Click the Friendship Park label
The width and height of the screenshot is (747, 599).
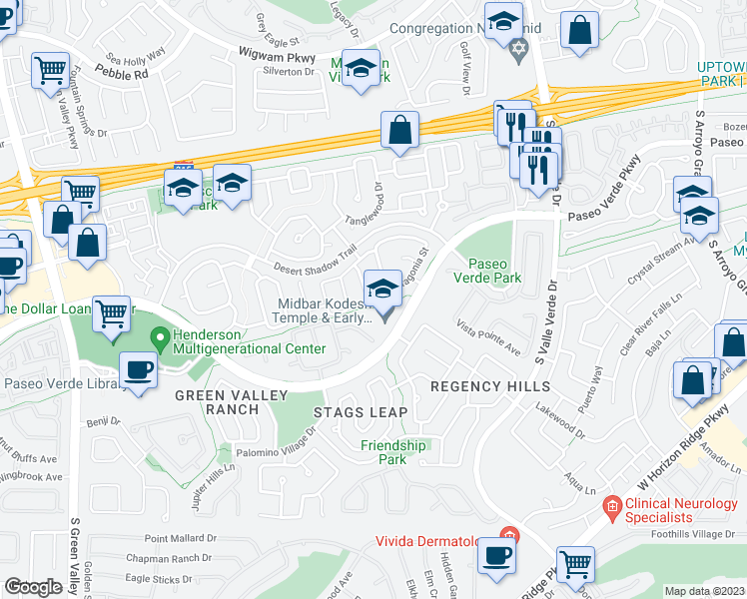click(x=383, y=452)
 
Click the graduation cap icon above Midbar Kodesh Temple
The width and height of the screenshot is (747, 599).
click(x=380, y=289)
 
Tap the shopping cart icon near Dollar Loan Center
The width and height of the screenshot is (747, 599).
click(x=111, y=312)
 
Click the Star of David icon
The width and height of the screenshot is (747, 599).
click(x=517, y=49)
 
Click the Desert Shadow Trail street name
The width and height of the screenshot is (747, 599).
click(x=317, y=258)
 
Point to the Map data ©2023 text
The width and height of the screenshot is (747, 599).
click(x=704, y=591)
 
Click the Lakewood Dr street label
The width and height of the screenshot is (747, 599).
click(x=559, y=417)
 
